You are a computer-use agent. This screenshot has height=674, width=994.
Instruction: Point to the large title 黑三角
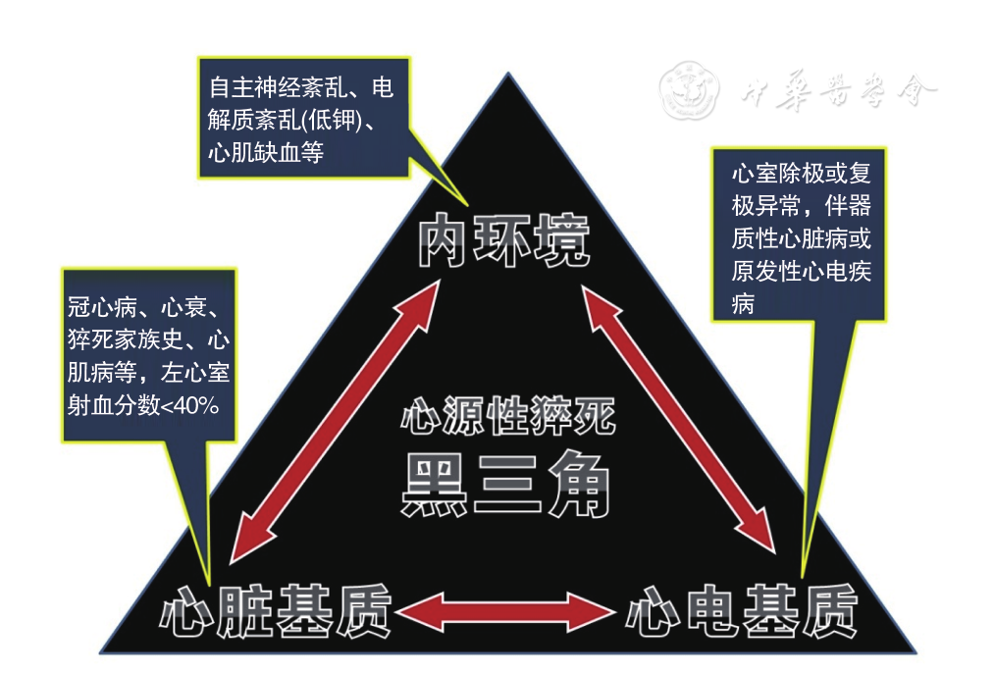click(506, 485)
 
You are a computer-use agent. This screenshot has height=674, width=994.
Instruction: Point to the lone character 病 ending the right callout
click(744, 305)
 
